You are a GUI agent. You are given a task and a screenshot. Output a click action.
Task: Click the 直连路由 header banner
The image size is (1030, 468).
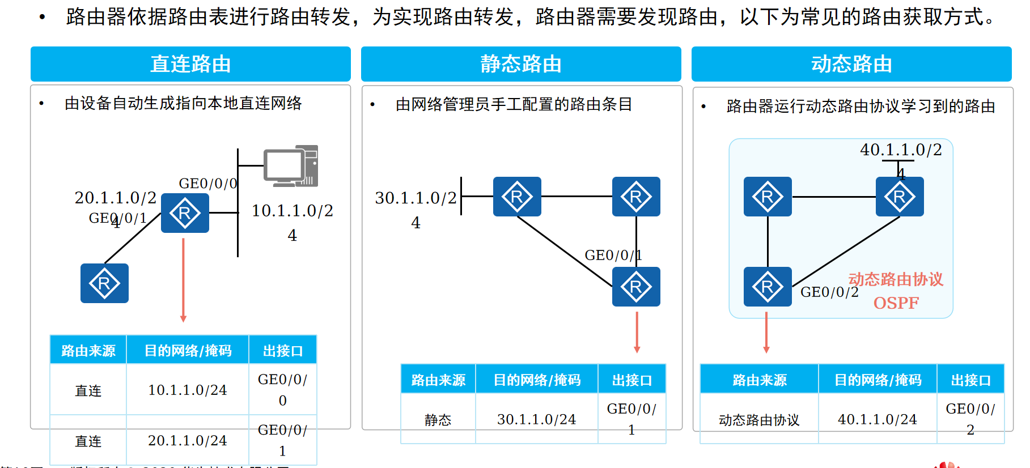190,64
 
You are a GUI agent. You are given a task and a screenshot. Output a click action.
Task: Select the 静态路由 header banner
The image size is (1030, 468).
521,64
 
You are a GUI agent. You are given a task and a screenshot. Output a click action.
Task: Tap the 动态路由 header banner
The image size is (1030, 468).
851,64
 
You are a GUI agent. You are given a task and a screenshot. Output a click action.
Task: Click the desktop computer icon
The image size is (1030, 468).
291,166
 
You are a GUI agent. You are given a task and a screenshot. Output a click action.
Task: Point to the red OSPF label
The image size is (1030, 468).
896,303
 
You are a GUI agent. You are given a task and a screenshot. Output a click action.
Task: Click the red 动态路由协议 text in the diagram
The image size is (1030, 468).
896,279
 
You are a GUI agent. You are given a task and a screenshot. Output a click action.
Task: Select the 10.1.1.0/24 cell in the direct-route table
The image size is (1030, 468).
188,390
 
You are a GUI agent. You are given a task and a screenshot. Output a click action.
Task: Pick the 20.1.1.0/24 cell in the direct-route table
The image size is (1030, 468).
188,441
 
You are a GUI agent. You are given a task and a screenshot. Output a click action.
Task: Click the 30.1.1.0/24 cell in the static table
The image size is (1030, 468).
536,419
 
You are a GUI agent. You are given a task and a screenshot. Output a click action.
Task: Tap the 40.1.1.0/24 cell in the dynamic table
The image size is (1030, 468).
877,419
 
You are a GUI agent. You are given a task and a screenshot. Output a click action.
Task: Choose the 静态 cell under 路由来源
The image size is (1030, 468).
438,420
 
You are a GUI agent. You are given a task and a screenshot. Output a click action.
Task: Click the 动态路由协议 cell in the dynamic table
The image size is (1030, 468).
759,420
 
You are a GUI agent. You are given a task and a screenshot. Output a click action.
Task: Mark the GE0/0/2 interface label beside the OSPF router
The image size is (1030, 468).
829,292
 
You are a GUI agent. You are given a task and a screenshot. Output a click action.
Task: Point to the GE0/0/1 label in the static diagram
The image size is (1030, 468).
613,256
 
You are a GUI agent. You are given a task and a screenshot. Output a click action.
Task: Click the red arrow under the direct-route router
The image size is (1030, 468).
183,280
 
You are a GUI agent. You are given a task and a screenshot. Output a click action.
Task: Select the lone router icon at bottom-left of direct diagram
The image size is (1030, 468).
104,283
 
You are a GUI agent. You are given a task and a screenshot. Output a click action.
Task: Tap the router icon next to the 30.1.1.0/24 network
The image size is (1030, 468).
517,197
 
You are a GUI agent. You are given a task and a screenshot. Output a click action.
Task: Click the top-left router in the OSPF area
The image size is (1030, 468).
768,197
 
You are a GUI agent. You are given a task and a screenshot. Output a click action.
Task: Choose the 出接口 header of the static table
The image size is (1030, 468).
631,380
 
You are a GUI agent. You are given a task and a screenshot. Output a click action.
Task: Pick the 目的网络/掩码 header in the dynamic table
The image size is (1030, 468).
878,380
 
